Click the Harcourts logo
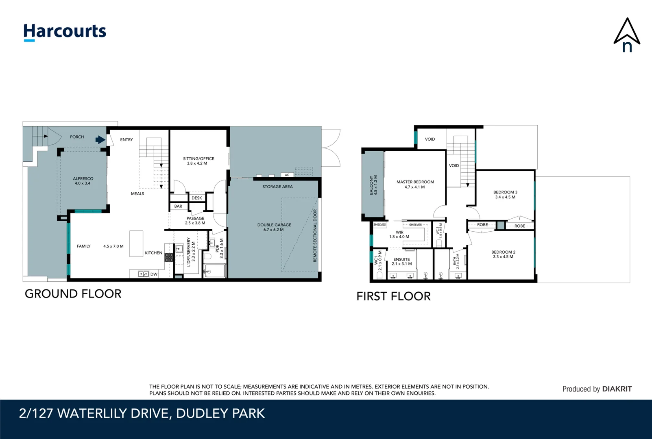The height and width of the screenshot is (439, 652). (65, 32)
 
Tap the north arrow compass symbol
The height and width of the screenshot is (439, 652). (627, 35)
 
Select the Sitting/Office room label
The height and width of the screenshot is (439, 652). (198, 161)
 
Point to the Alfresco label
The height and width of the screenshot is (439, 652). (83, 181)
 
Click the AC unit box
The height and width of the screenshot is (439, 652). (287, 175)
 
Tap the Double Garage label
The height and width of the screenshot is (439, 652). (274, 227)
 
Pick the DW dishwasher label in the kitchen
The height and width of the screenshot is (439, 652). (154, 274)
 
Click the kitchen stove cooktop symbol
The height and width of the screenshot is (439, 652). (169, 257)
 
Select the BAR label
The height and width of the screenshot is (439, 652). (178, 206)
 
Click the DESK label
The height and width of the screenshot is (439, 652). (197, 198)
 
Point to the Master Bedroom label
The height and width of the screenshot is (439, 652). (415, 185)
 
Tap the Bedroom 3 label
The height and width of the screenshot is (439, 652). (505, 194)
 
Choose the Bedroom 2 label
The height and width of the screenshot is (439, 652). (503, 254)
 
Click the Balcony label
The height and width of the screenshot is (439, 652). (373, 185)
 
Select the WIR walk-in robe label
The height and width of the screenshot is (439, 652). (399, 235)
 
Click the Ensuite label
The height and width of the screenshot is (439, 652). (402, 261)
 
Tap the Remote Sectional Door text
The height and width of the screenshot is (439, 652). (315, 236)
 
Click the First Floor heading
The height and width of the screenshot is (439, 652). (394, 296)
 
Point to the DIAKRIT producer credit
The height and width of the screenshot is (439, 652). (617, 389)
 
